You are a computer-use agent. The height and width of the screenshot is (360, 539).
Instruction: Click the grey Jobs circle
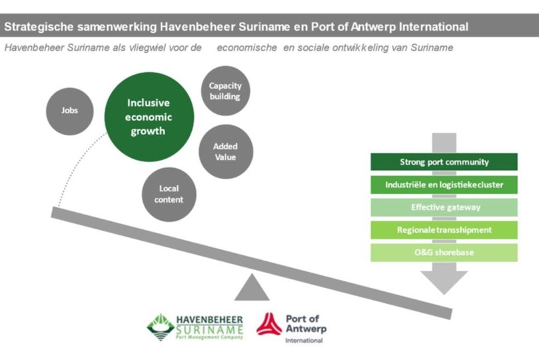[69, 110]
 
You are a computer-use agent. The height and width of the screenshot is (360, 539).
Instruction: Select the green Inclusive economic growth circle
[150, 117]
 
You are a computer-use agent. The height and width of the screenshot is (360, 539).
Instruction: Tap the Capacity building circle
[225, 91]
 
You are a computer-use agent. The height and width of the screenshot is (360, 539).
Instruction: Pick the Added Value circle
[225, 151]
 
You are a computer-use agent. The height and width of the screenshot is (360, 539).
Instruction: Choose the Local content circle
[169, 194]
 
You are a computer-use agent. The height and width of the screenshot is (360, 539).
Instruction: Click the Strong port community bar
[444, 162]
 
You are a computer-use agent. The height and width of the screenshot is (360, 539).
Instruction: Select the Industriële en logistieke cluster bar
[444, 185]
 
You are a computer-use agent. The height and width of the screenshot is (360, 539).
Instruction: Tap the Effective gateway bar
[444, 207]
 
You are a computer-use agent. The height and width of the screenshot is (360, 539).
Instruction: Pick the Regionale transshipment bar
[444, 230]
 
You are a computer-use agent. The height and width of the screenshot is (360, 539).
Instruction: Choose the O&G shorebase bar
[444, 253]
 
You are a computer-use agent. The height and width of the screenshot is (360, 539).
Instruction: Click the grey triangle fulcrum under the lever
[252, 289]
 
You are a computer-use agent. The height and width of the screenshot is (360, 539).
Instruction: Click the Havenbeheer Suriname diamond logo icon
[161, 327]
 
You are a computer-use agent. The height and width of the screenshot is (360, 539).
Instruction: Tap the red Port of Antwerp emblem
[269, 325]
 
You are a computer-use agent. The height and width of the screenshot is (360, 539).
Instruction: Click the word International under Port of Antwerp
[303, 341]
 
